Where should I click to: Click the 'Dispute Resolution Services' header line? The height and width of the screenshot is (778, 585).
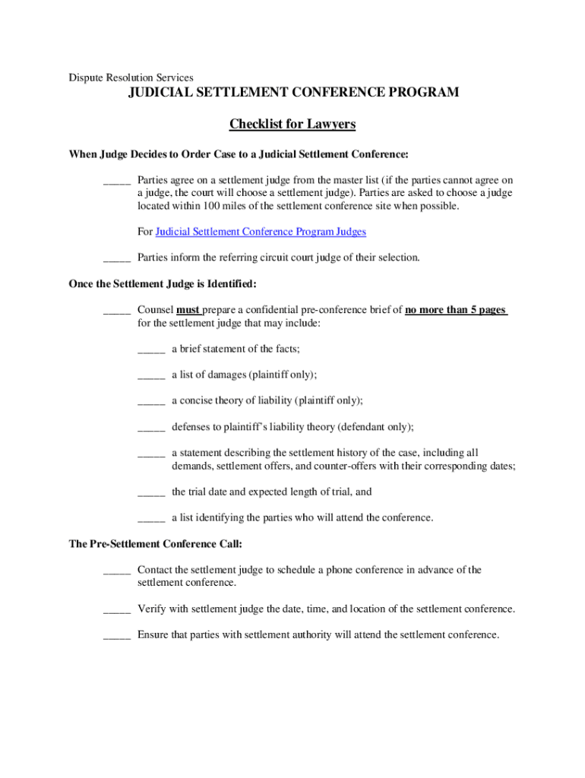(131, 77)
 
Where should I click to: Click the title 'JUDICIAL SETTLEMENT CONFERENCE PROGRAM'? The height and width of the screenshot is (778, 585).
(292, 93)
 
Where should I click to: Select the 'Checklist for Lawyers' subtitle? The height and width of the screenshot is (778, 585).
(292, 124)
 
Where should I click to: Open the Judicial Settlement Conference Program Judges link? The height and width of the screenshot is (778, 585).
(261, 232)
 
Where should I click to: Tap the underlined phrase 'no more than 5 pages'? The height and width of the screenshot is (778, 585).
(456, 310)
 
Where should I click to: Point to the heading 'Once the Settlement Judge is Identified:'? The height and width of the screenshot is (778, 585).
(163, 284)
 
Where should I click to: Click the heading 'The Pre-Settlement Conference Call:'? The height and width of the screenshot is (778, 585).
(156, 544)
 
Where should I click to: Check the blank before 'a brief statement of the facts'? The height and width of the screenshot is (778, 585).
(151, 350)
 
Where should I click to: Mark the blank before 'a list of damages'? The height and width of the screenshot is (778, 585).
(151, 376)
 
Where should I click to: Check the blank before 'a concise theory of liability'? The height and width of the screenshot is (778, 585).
(151, 402)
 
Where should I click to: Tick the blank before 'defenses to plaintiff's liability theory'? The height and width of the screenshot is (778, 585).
(151, 428)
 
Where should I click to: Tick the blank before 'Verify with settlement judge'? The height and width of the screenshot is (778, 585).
(117, 610)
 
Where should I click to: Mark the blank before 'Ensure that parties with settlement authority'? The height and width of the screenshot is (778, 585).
(117, 636)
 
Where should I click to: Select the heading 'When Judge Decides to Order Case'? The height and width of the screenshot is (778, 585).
(239, 155)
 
